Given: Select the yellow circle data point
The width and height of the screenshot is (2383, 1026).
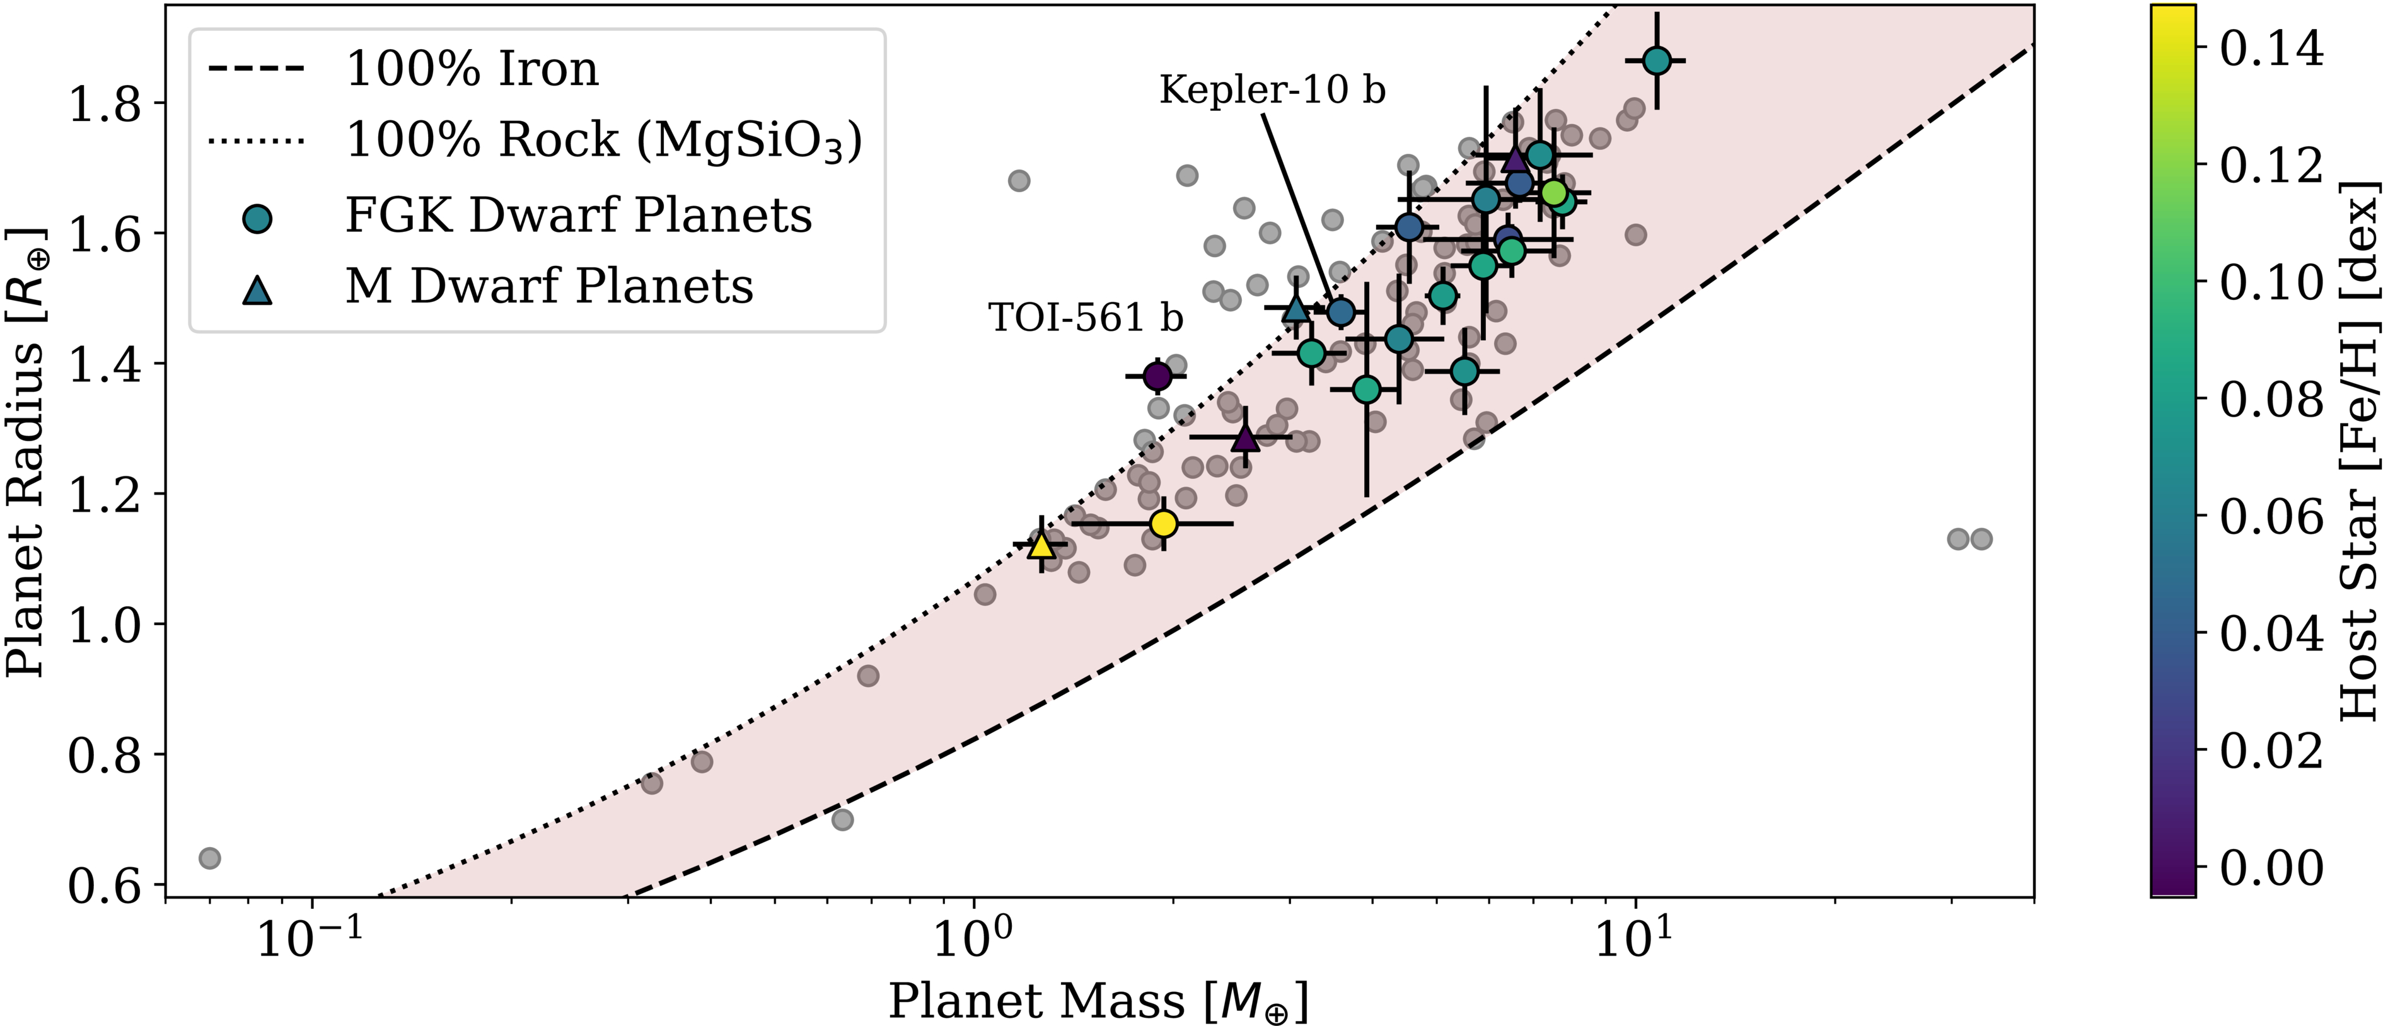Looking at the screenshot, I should click(x=1164, y=524).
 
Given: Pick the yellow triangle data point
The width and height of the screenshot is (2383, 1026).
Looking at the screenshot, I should click(x=1041, y=545).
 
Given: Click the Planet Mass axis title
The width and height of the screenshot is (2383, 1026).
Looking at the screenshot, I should click(x=1098, y=1002).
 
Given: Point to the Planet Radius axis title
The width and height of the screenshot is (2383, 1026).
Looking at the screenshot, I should click(x=25, y=452).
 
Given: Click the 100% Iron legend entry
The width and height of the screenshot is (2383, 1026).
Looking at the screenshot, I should click(x=472, y=69).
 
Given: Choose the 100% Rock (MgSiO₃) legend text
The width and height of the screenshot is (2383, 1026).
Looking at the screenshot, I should click(x=603, y=141).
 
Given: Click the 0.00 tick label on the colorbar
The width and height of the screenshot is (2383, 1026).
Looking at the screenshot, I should click(x=2271, y=868).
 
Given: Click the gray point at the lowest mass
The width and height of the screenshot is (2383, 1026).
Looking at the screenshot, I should click(x=210, y=858).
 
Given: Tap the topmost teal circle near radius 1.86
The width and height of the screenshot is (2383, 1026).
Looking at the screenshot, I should click(x=1657, y=61).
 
